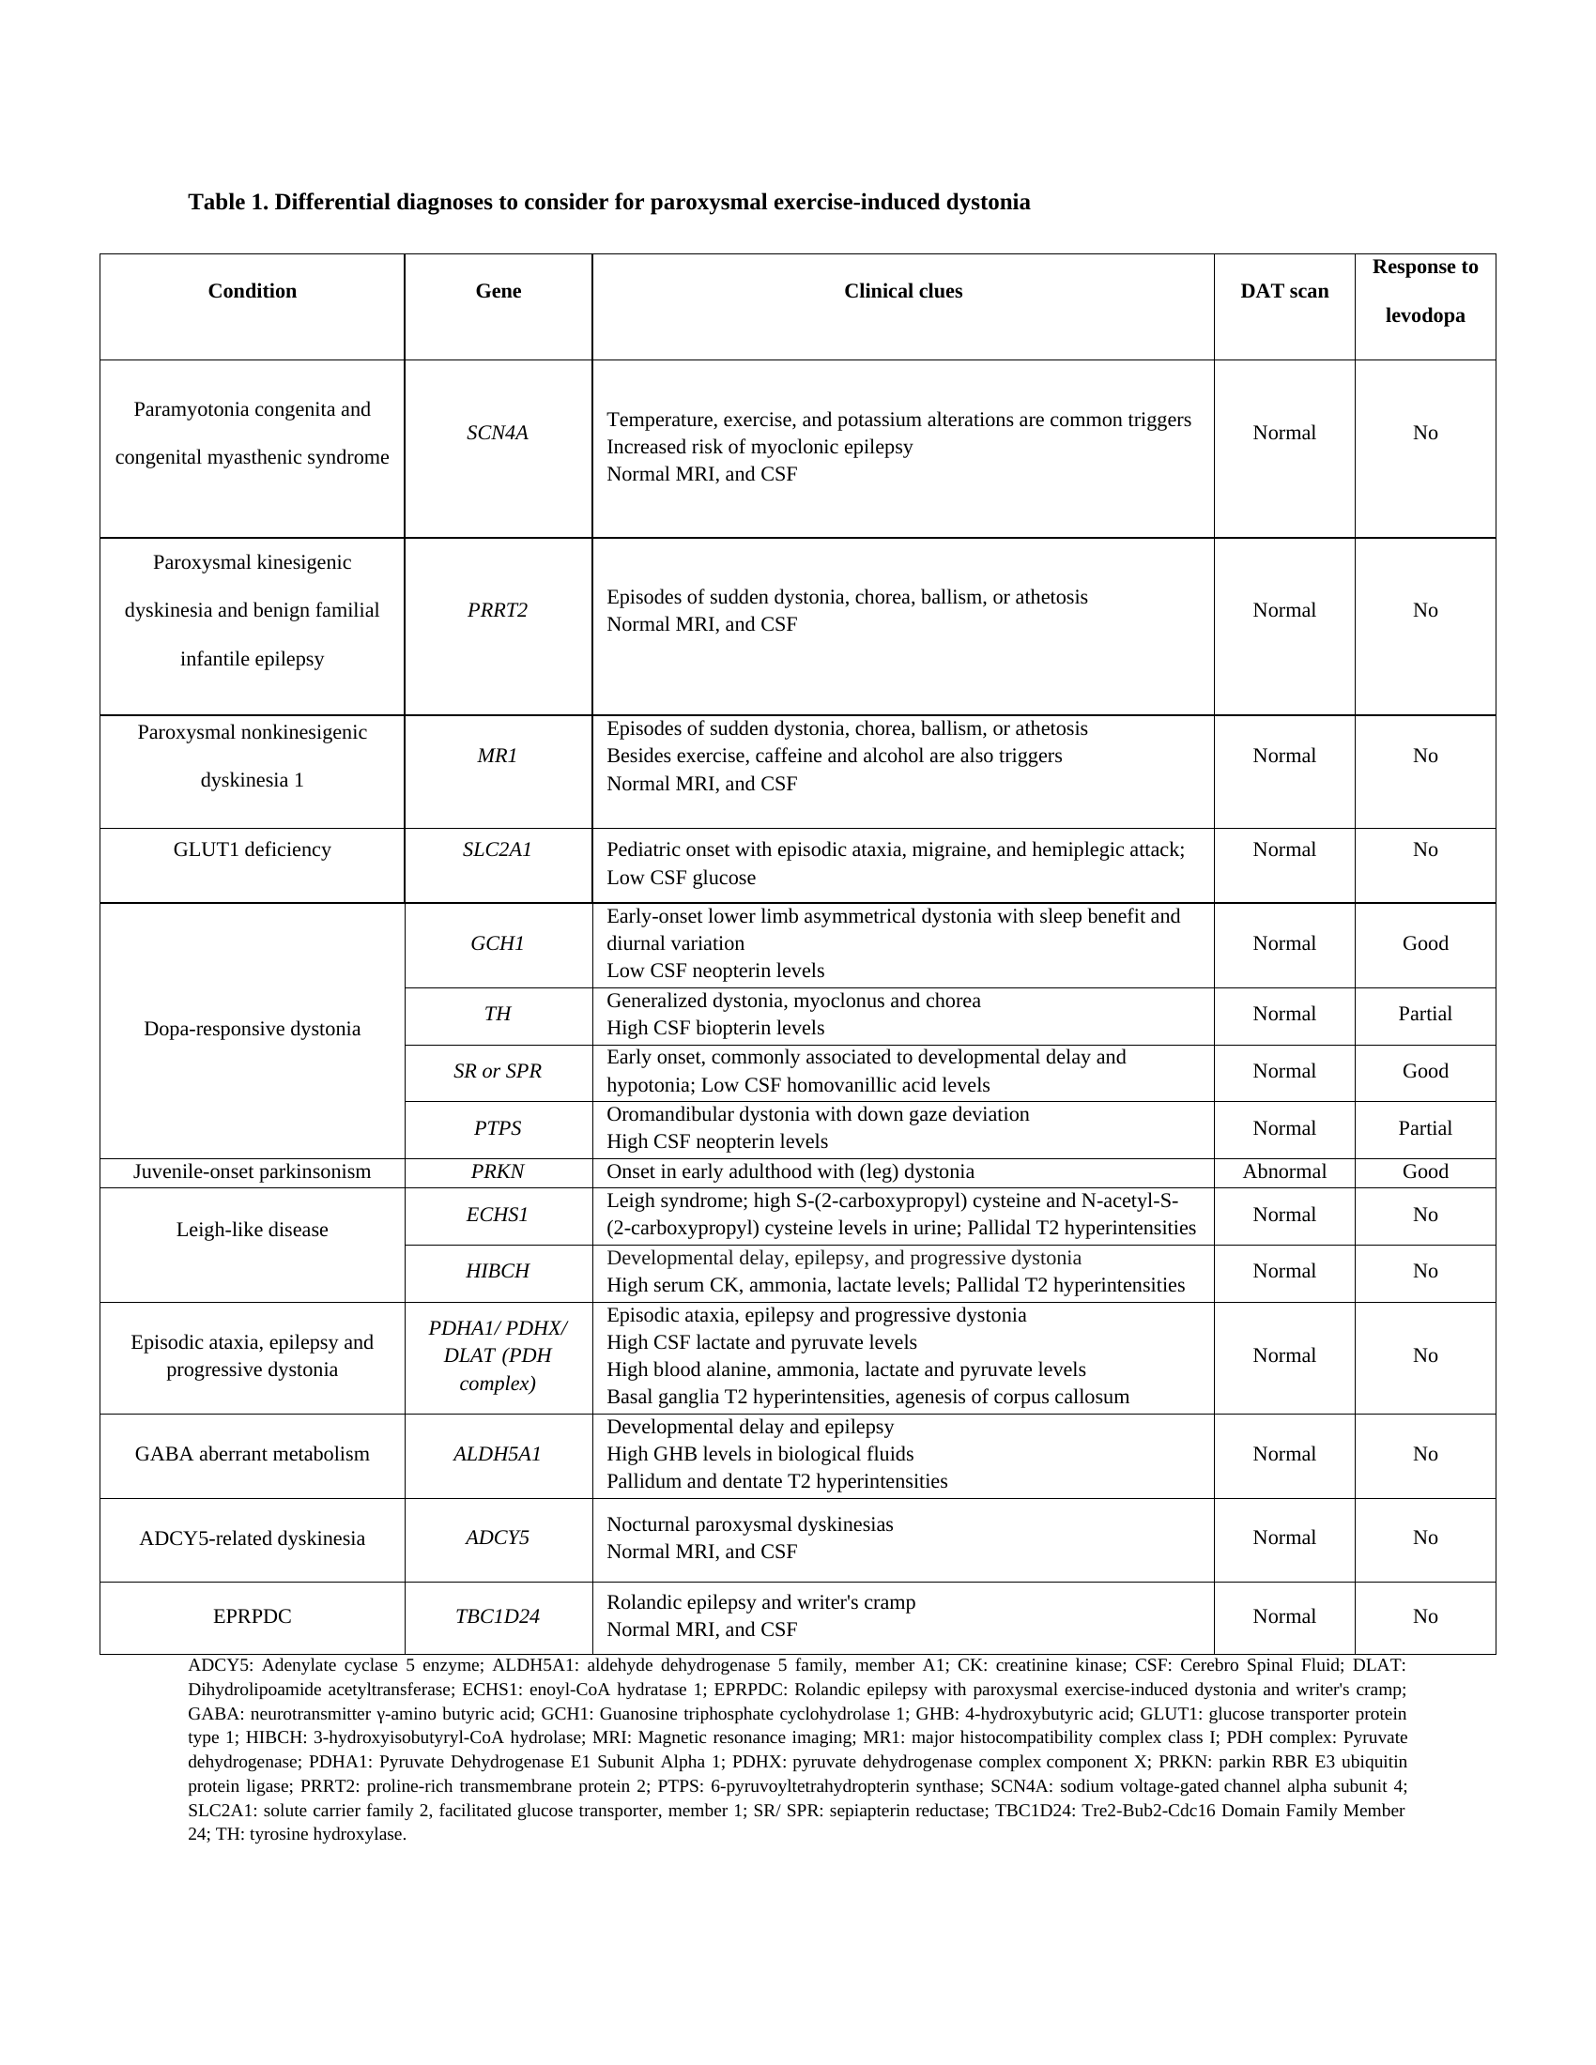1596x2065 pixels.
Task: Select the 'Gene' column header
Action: pyautogui.click(x=499, y=291)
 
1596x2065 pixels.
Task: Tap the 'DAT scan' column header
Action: pyautogui.click(x=1284, y=291)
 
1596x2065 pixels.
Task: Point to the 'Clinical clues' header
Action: pyautogui.click(x=903, y=291)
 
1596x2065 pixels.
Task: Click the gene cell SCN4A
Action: pyautogui.click(x=499, y=433)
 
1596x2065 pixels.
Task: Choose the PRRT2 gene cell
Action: pyautogui.click(x=499, y=610)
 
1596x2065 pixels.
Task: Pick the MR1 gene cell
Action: pyautogui.click(x=499, y=756)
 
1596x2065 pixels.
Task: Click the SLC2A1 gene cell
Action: pyautogui.click(x=499, y=849)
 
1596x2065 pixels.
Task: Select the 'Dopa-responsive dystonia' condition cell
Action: pyautogui.click(x=253, y=1029)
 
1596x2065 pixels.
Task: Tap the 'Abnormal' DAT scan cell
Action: pyautogui.click(x=1284, y=1171)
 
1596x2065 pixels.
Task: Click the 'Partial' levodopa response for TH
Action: pyautogui.click(x=1425, y=1014)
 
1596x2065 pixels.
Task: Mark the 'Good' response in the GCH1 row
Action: pyautogui.click(x=1425, y=943)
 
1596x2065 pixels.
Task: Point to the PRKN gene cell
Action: pyautogui.click(x=499, y=1171)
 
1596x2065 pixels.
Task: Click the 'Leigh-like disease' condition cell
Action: pyautogui.click(x=253, y=1230)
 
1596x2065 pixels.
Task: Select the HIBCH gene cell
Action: pyautogui.click(x=499, y=1271)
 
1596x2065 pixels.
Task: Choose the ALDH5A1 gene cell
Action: pyautogui.click(x=499, y=1454)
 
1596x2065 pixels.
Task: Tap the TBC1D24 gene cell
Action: pyautogui.click(x=499, y=1616)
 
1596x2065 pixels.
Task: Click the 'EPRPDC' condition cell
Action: pyautogui.click(x=253, y=1616)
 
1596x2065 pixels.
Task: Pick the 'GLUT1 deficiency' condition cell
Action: pyautogui.click(x=253, y=849)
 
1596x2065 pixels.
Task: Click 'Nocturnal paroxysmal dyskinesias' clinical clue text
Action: pyautogui.click(x=750, y=1524)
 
